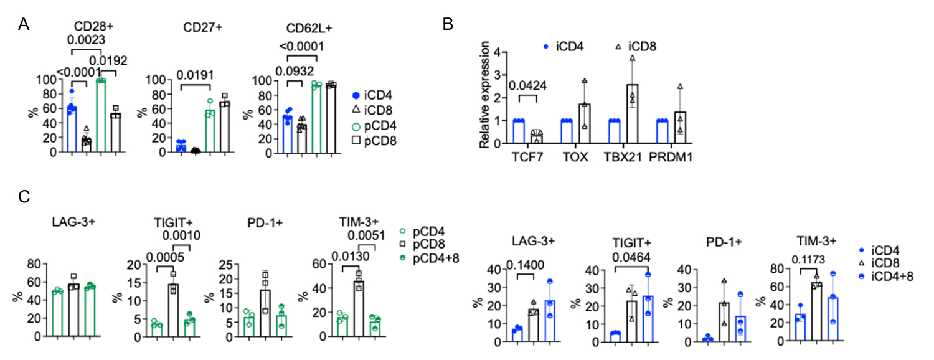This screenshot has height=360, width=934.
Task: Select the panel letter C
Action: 24,197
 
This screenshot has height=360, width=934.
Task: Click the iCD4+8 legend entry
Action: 891,277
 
